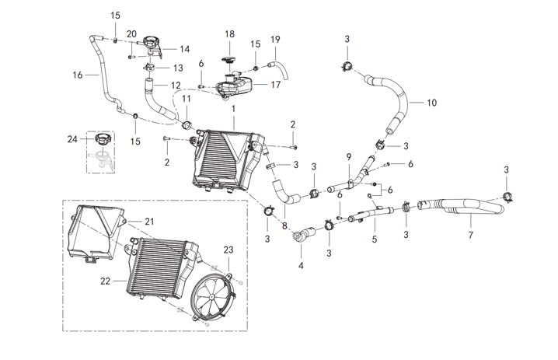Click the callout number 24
(x=71, y=140)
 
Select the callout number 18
(x=229, y=34)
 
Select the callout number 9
(x=349, y=156)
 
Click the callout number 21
(x=149, y=222)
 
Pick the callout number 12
(x=176, y=85)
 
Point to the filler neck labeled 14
(x=149, y=51)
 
